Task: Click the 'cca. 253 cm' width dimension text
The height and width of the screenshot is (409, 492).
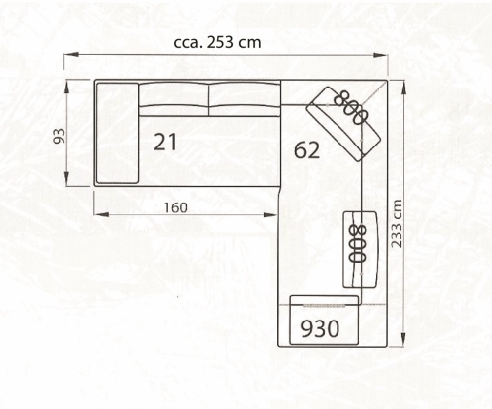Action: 217,43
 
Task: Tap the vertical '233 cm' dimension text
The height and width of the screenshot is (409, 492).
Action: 397,223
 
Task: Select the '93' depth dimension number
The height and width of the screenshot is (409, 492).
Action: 59,136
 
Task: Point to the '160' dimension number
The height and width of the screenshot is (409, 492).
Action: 175,207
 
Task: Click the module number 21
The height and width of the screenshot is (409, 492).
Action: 165,142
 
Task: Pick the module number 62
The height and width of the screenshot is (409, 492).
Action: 307,149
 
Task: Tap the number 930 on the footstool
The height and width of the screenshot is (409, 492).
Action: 320,328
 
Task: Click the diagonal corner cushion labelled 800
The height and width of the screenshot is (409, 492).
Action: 343,124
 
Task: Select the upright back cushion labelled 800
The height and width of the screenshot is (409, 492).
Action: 360,250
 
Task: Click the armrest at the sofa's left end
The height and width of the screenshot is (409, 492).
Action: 117,133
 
